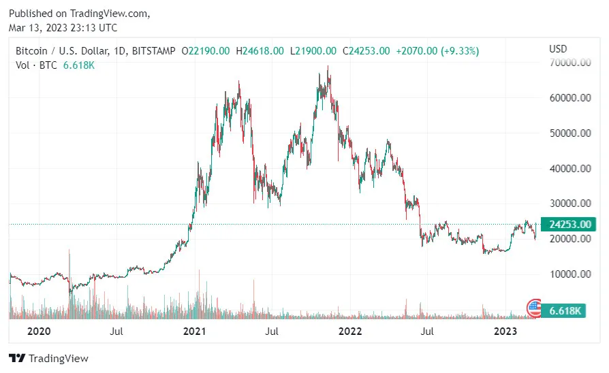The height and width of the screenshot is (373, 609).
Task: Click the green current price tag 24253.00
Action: point(569,224)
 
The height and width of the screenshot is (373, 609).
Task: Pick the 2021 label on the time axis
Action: point(195,331)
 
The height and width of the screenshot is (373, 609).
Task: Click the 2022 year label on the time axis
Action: point(350,331)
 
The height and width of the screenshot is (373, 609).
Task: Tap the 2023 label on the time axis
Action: point(505,331)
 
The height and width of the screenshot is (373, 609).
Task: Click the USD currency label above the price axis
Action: point(558,49)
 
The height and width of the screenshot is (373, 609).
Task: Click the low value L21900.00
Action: point(313,50)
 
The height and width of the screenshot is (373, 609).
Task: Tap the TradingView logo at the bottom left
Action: point(48,358)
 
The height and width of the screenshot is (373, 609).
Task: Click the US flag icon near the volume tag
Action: point(535,308)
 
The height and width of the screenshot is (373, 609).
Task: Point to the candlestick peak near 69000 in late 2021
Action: point(328,67)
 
